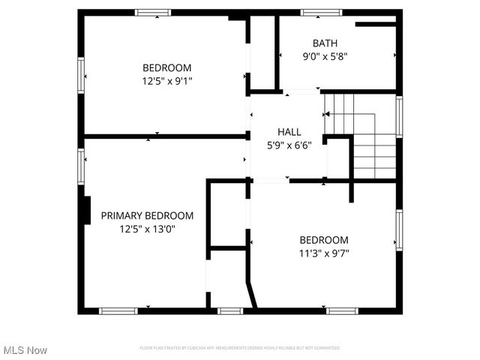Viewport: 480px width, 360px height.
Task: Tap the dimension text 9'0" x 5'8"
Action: pyautogui.click(x=325, y=55)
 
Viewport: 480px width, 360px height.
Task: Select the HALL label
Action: pyautogui.click(x=289, y=132)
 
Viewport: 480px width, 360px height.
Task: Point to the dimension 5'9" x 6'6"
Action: pyautogui.click(x=289, y=145)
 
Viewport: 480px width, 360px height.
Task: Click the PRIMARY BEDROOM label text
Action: pyautogui.click(x=147, y=215)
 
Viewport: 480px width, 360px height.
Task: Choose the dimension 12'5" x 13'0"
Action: pyautogui.click(x=147, y=229)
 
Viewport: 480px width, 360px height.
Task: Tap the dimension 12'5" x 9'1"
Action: pyautogui.click(x=166, y=80)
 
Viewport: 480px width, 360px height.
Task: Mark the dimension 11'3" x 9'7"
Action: pyautogui.click(x=324, y=253)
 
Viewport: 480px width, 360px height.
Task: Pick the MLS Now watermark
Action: pyautogui.click(x=25, y=350)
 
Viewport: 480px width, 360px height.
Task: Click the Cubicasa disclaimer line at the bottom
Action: pyautogui.click(x=240, y=348)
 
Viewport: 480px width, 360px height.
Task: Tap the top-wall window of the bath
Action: pyautogui.click(x=321, y=13)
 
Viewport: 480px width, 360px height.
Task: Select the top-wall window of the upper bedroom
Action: pyautogui.click(x=152, y=13)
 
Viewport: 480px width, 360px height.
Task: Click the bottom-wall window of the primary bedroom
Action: pyautogui.click(x=118, y=310)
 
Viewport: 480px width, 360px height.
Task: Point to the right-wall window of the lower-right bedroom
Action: pyautogui.click(x=399, y=229)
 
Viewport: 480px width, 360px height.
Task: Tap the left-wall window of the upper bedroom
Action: pyautogui.click(x=81, y=75)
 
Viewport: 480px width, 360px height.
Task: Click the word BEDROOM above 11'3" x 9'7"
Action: pyautogui.click(x=324, y=240)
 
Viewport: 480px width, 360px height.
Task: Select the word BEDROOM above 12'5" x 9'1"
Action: pyautogui.click(x=166, y=67)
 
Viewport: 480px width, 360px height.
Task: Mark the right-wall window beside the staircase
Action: pyautogui.click(x=399, y=117)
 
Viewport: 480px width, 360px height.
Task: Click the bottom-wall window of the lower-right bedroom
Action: pyautogui.click(x=342, y=310)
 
